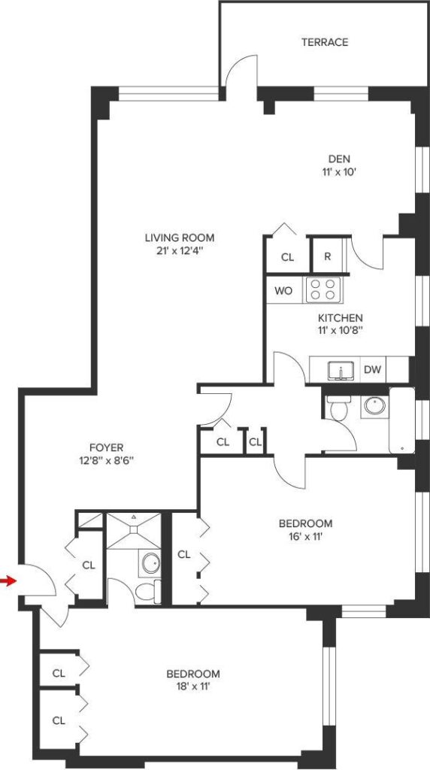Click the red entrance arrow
[8, 581]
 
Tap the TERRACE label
[325, 42]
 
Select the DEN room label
[340, 159]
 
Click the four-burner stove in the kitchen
[323, 290]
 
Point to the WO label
[283, 291]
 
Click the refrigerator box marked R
[329, 256]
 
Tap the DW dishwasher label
[373, 370]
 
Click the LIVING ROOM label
[180, 238]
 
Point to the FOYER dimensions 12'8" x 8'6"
[106, 461]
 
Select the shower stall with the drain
[134, 531]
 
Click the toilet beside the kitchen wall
[338, 408]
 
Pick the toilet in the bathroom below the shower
[147, 592]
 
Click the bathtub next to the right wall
[402, 420]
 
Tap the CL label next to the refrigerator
[288, 257]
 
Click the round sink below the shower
[150, 562]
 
